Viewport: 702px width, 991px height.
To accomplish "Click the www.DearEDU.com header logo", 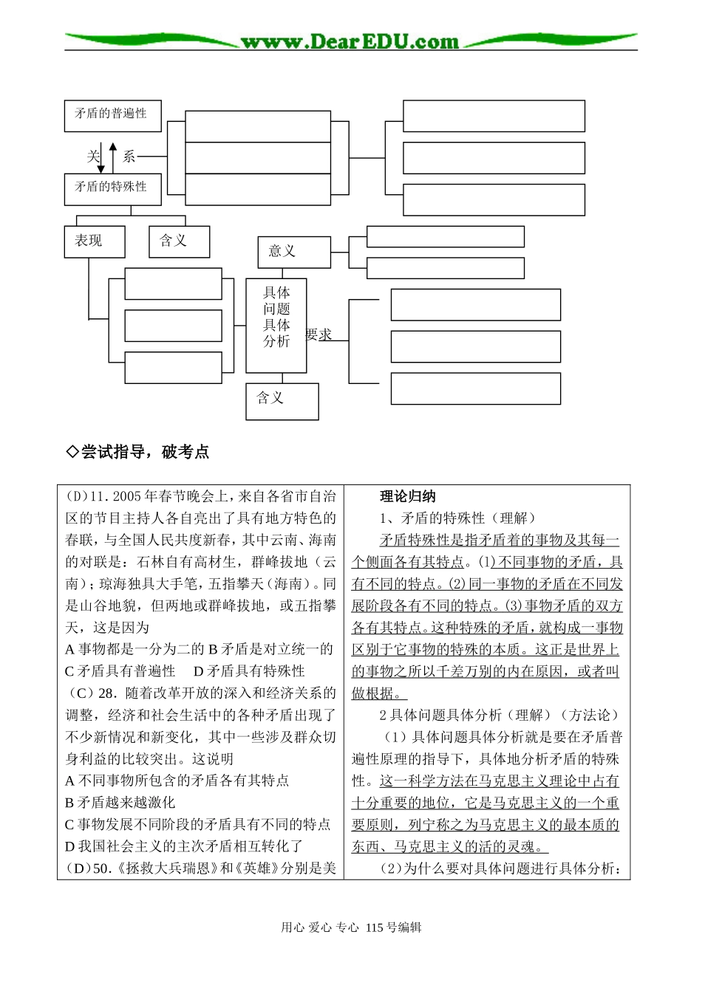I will point(350,41).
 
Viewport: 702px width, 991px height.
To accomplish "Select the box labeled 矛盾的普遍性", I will point(112,114).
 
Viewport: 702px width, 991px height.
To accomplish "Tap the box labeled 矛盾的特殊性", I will point(112,188).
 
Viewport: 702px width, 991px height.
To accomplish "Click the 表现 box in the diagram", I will point(94,241).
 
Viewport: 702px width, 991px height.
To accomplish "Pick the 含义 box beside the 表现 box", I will point(179,241).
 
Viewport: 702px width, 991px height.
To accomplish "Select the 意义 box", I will point(293,251).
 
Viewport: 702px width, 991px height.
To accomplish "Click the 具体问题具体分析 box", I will point(276,325).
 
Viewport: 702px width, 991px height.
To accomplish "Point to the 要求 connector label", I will point(319,335).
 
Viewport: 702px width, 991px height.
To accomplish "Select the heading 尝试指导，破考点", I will point(138,452).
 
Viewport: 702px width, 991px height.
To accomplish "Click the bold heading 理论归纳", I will point(407,496).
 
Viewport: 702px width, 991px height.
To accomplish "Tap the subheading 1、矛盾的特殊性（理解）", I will point(458,518).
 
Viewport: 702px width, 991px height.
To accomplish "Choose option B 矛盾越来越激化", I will point(120,802).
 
